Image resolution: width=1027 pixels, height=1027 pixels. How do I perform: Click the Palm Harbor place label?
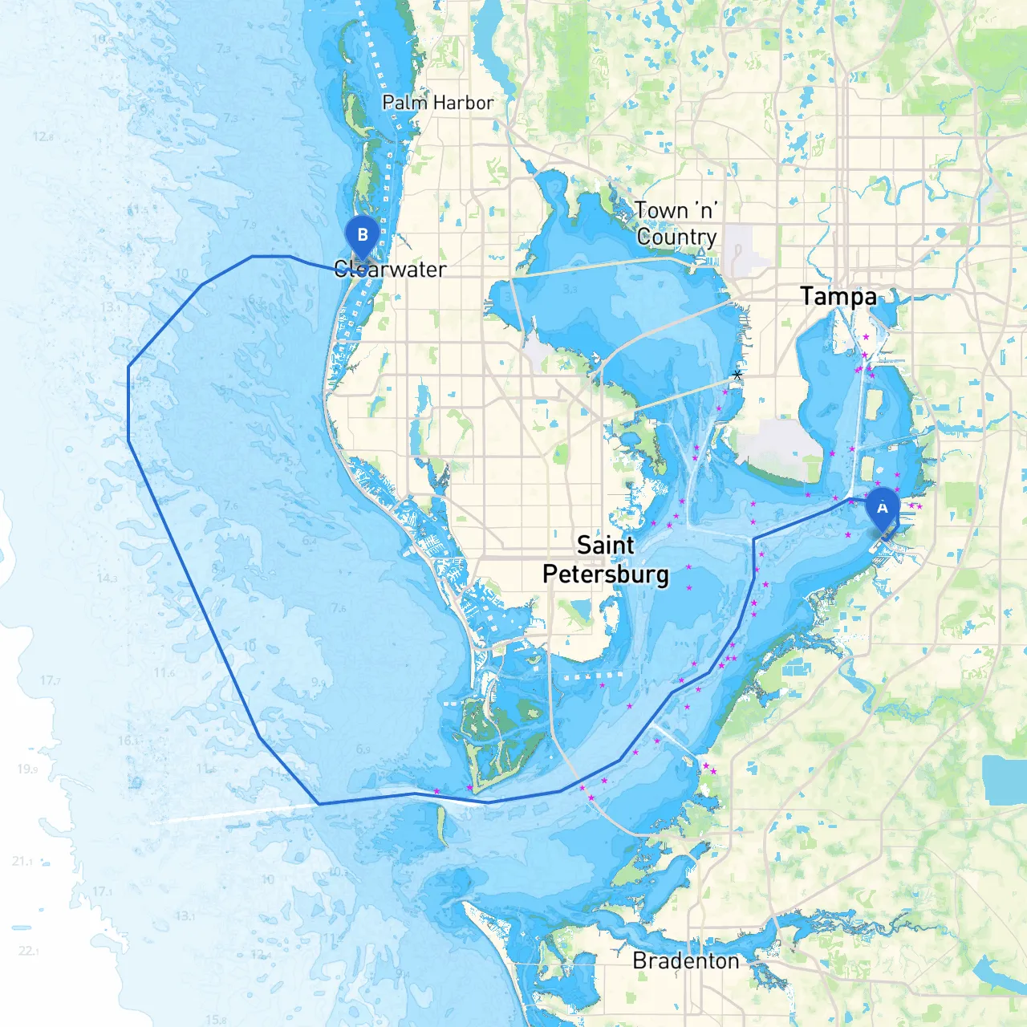click(x=437, y=103)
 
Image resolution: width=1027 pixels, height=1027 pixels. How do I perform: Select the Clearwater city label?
click(x=390, y=269)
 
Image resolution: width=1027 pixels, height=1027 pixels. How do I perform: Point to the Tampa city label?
click(x=838, y=296)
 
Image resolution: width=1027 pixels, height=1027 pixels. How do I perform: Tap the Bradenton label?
click(x=686, y=960)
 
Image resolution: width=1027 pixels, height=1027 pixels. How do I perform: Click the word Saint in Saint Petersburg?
click(x=606, y=546)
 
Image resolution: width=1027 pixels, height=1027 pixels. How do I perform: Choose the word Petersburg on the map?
click(x=606, y=574)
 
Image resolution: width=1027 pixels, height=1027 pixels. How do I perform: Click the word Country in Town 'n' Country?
click(x=676, y=237)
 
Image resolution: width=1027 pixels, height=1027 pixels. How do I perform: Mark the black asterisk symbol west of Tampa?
click(x=737, y=375)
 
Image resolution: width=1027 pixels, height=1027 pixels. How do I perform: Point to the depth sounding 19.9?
click(x=27, y=769)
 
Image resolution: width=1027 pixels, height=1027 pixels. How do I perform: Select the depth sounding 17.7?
click(x=50, y=680)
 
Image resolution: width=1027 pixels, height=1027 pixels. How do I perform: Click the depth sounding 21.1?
click(x=22, y=861)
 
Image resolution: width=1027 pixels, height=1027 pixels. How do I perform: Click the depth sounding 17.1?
click(x=103, y=891)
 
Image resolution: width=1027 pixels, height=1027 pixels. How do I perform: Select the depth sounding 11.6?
click(x=164, y=672)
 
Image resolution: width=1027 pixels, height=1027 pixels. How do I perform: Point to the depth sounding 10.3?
click(x=339, y=871)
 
